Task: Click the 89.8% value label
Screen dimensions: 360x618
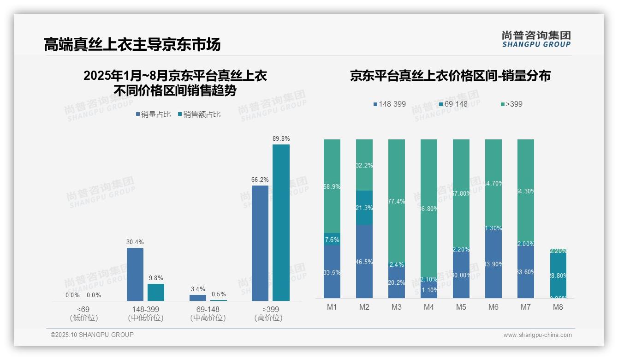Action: pyautogui.click(x=281, y=138)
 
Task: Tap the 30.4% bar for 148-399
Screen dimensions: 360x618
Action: pyautogui.click(x=135, y=274)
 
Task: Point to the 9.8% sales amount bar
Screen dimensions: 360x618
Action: pyautogui.click(x=156, y=292)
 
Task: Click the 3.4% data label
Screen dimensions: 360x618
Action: pyautogui.click(x=197, y=289)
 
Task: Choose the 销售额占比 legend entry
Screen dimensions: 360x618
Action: pyautogui.click(x=199, y=114)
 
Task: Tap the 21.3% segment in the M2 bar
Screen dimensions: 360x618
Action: pyautogui.click(x=364, y=208)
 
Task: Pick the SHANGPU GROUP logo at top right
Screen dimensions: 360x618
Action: pyautogui.click(x=536, y=39)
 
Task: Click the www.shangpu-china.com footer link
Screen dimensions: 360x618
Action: pyautogui.click(x=537, y=335)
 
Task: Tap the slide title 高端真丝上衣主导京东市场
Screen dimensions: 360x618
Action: pyautogui.click(x=132, y=44)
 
